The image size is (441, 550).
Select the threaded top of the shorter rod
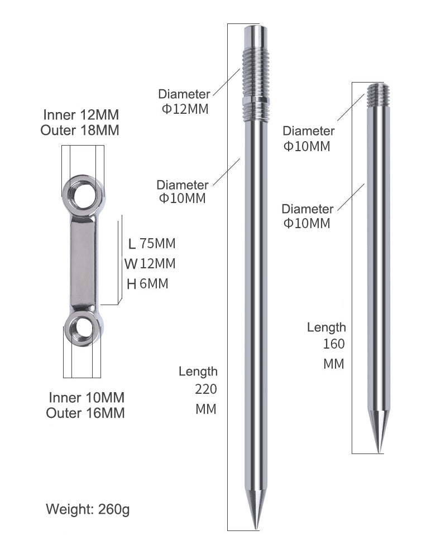pyautogui.click(x=378, y=94)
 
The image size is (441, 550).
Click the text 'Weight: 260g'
pyautogui.click(x=88, y=509)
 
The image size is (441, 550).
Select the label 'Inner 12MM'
pyautogui.click(x=81, y=115)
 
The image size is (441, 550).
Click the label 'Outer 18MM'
pyautogui.click(x=80, y=131)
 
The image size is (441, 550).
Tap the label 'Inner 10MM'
pyautogui.click(x=87, y=398)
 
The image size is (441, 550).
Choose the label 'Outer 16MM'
pyautogui.click(x=85, y=413)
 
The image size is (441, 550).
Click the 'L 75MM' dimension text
pyautogui.click(x=151, y=243)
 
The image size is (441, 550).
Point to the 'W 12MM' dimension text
pyautogui.click(x=150, y=263)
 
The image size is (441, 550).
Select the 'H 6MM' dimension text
pyautogui.click(x=147, y=283)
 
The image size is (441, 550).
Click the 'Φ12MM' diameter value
pyautogui.click(x=185, y=109)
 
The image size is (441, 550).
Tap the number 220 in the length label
pyautogui.click(x=206, y=389)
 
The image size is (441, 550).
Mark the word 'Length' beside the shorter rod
pyautogui.click(x=327, y=327)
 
